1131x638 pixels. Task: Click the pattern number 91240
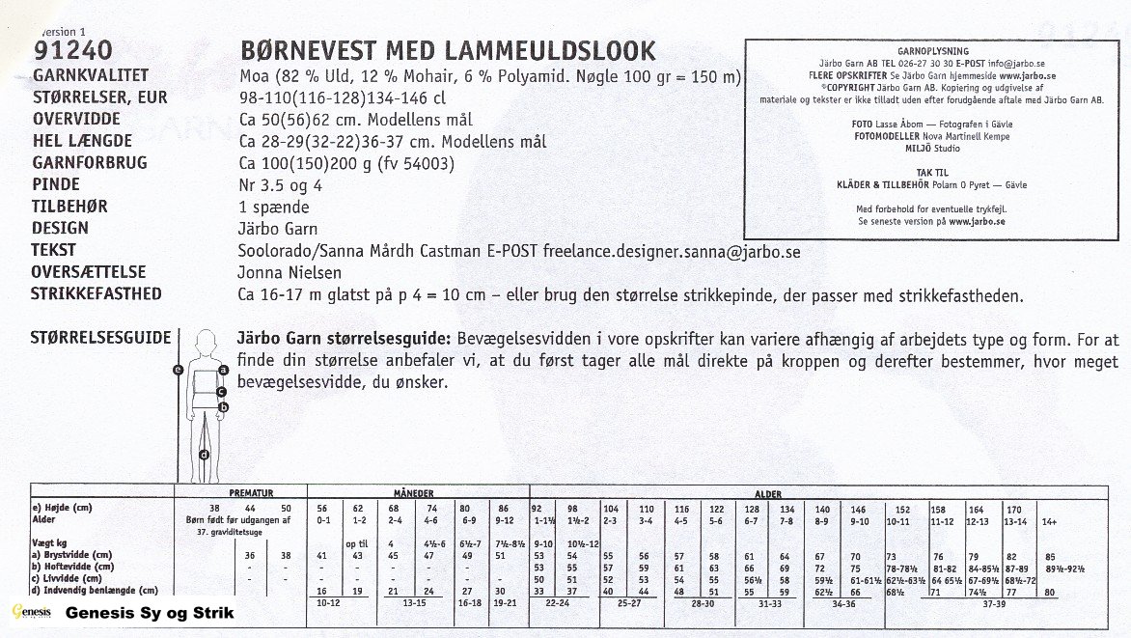(73, 51)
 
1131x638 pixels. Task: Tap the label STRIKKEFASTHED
(97, 294)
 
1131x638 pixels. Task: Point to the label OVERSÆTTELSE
(90, 272)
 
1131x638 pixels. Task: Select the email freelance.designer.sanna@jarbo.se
(672, 251)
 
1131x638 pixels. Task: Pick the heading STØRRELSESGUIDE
(101, 339)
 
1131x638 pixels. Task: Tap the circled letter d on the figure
(205, 455)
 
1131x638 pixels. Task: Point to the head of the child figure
(205, 343)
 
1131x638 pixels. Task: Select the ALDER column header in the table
(769, 493)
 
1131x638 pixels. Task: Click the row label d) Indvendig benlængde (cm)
(95, 590)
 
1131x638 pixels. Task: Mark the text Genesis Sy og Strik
(149, 613)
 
